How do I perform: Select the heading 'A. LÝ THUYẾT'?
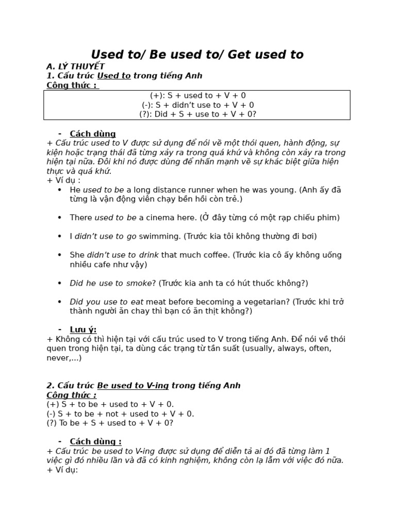75,67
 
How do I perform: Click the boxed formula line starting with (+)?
197,95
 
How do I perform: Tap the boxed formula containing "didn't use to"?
197,105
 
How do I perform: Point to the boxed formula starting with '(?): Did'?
197,114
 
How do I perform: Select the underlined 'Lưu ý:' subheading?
83,329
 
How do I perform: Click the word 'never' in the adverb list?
58,358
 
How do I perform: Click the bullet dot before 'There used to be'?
59,218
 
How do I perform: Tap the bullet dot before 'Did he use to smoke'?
59,283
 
